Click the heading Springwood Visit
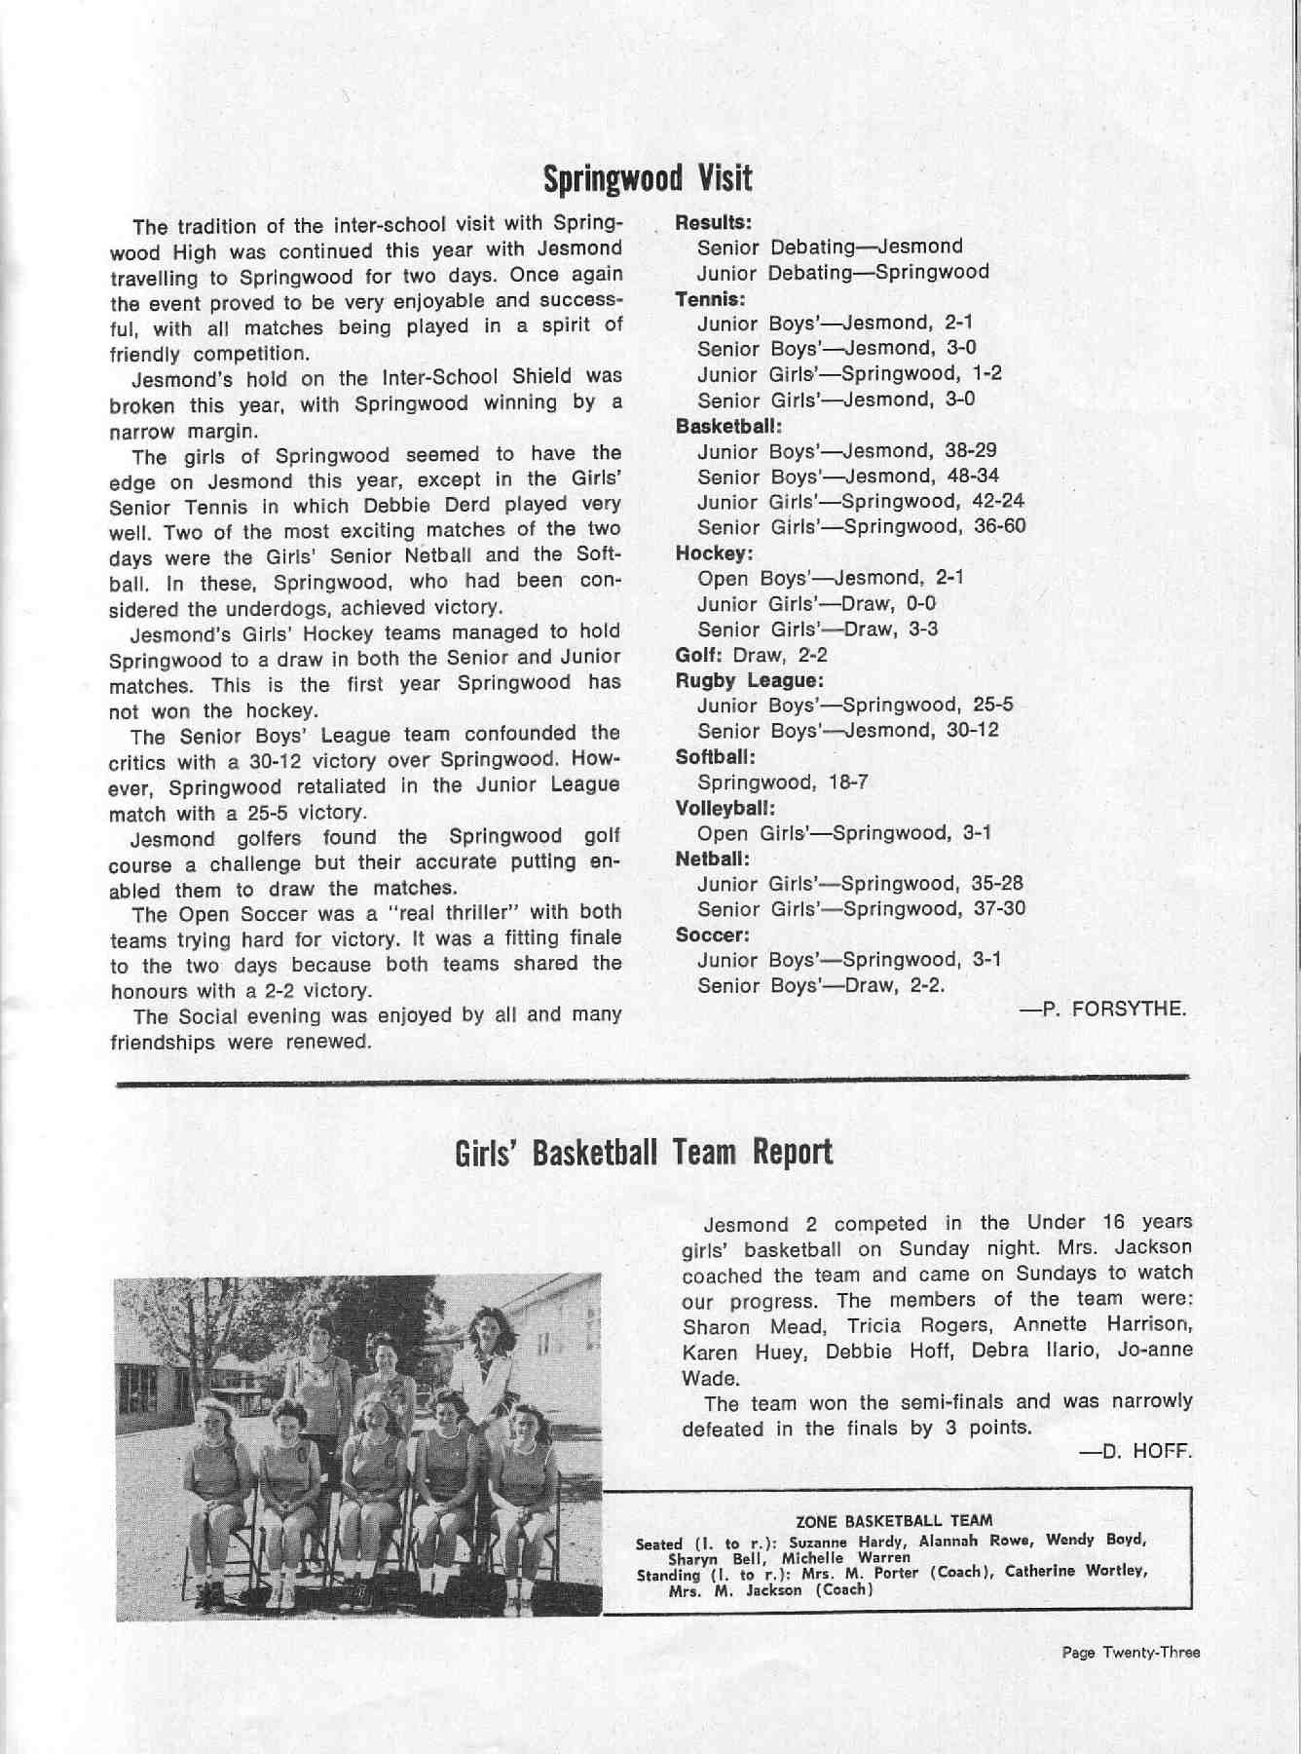pos(647,178)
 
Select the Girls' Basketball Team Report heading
pos(644,1153)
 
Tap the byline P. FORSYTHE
pos(1102,1009)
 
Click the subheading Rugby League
pos(750,679)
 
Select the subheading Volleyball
pos(725,808)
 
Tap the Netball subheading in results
pos(712,859)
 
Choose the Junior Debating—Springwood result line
pos(842,272)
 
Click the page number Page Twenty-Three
pos(1131,1653)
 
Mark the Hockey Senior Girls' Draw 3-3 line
pos(817,629)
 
